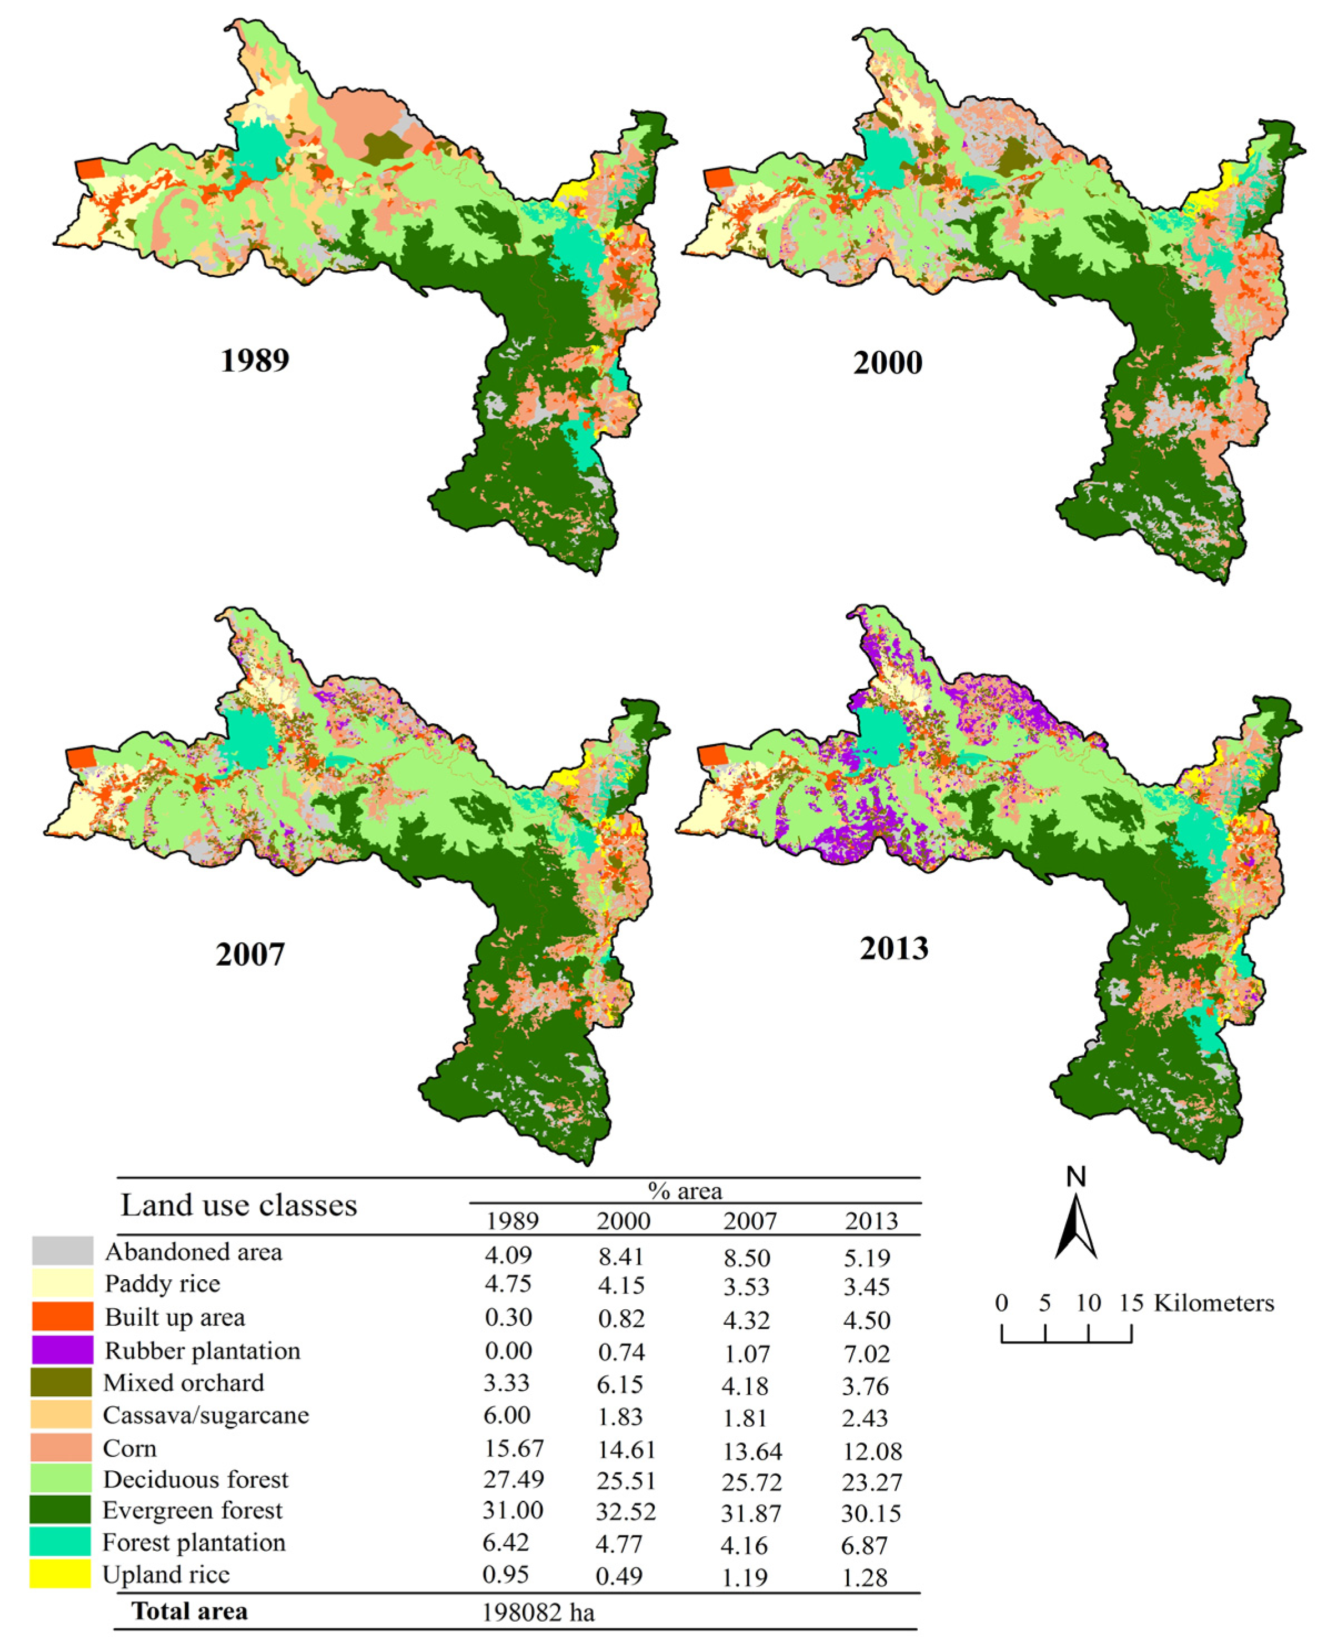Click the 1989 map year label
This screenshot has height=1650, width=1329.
[x=255, y=360]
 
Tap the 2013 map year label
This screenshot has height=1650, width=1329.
[x=893, y=948]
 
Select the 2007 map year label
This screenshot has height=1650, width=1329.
[x=250, y=954]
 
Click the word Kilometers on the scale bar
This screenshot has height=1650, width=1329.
[x=1214, y=1303]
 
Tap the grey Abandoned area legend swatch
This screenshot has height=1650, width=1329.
[x=62, y=1250]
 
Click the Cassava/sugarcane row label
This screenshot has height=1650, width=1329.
[x=206, y=1414]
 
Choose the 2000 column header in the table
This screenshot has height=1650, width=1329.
[x=623, y=1220]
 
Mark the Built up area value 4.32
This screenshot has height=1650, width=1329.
[x=746, y=1320]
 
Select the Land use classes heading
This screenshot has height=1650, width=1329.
[x=239, y=1205]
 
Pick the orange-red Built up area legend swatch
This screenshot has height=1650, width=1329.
[x=62, y=1316]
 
